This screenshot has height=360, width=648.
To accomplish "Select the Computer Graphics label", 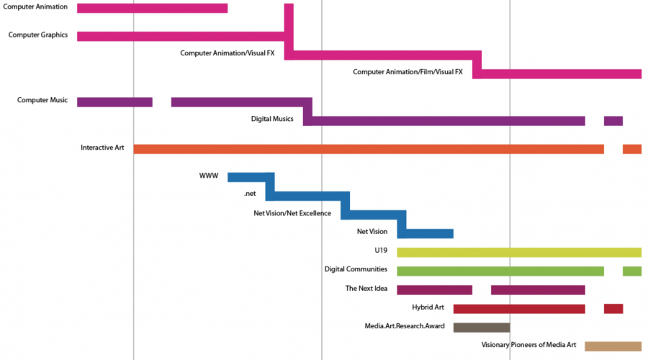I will coord(33,35).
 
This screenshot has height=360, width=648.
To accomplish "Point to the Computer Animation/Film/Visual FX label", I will coord(408,72).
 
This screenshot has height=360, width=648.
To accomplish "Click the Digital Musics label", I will coord(271,119).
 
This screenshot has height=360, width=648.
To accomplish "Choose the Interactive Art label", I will coord(102,148).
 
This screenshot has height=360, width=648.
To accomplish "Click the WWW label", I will coord(209,176).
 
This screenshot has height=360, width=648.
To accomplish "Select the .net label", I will coord(250,194).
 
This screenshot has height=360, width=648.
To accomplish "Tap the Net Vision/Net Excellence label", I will coord(292,213).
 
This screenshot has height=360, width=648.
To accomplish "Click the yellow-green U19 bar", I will coord(518,252).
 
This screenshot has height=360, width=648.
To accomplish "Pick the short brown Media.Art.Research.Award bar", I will coord(481,327).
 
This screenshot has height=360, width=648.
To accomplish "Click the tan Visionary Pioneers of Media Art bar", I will coord(613,346).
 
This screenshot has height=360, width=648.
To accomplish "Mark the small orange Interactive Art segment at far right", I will coord(631,149).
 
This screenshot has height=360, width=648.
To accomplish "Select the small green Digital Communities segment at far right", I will coord(631,271).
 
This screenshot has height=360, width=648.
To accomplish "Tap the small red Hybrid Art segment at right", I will coord(613,308).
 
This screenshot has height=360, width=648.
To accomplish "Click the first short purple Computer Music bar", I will coord(114,102).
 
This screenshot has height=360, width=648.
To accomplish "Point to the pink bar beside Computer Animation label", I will coord(152,8).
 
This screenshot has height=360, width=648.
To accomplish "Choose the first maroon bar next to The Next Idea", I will coord(434,289).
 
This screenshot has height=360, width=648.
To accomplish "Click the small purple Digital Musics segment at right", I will coord(613,120).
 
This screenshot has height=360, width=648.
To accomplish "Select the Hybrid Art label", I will coord(428,307).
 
